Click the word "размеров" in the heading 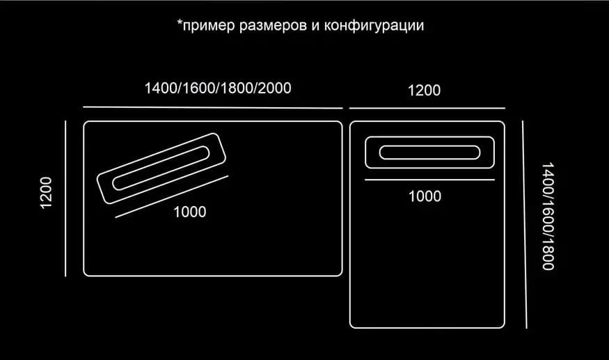coord(273,26)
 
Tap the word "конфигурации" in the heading coord(374,26)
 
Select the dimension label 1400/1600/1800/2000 coord(218,88)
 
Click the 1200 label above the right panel coord(424,91)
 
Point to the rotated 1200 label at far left coord(46,193)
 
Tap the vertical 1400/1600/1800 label coord(548,216)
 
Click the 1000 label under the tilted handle coord(189,212)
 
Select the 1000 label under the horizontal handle coord(425,196)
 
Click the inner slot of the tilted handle coord(161,168)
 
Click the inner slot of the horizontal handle coord(429,152)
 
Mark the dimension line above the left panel coord(213,107)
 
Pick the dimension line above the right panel coord(427,108)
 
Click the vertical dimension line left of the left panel coord(65,198)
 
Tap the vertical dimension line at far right coord(525,224)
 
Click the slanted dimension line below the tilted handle coord(172,197)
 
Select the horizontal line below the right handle coord(429,180)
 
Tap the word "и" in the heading coord(315,26)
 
